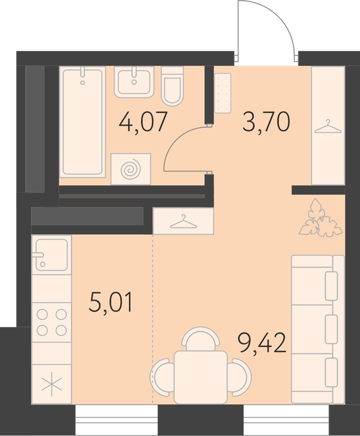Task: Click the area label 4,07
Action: [143, 121]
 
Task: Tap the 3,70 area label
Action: [267, 121]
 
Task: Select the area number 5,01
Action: [111, 302]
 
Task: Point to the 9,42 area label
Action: [263, 343]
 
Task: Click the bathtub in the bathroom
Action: [83, 122]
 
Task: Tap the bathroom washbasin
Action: [134, 82]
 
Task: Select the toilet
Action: [173, 86]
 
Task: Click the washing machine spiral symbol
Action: [131, 169]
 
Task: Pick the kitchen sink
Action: [52, 255]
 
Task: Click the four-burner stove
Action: [52, 323]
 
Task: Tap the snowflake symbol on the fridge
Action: [52, 387]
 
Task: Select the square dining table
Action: [201, 377]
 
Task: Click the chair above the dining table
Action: [201, 338]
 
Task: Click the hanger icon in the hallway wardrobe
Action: [328, 127]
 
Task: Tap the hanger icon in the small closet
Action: [183, 222]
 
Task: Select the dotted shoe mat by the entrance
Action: [223, 93]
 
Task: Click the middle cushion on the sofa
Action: [331, 329]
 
